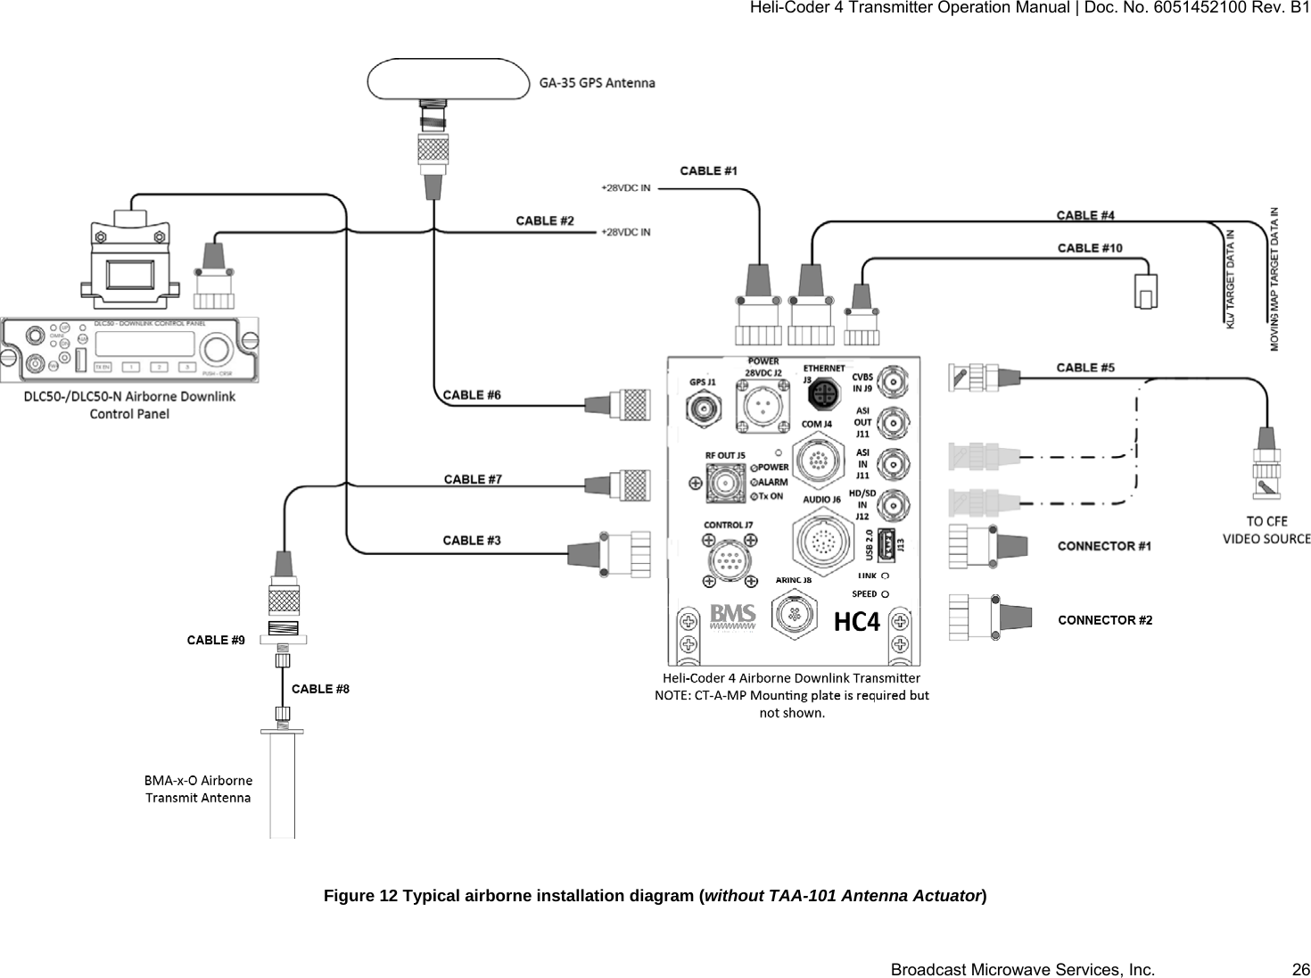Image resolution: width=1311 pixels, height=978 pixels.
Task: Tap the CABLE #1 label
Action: (708, 170)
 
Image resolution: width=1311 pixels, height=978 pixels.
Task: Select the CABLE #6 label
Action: (472, 394)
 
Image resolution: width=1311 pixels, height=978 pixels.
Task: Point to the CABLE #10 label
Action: (1089, 247)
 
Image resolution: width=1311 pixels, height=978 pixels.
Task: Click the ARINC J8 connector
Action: (792, 614)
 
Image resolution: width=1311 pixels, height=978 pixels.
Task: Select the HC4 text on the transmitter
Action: (856, 622)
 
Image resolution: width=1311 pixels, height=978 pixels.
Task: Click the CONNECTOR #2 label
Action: (1104, 620)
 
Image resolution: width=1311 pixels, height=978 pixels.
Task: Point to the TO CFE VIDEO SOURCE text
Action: (1266, 530)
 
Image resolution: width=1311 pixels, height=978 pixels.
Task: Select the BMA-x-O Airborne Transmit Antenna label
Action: (198, 789)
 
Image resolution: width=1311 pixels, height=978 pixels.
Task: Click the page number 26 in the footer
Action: (1301, 969)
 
